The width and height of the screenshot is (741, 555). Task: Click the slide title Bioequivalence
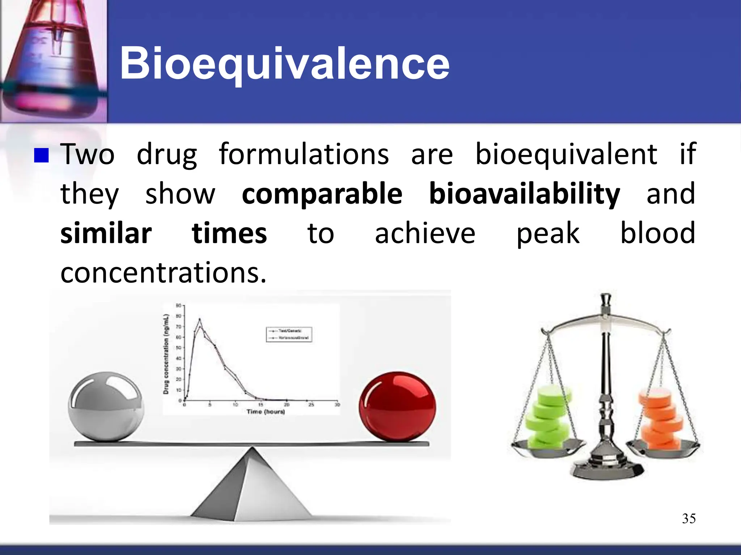click(284, 64)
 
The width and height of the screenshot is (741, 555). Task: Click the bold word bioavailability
click(524, 194)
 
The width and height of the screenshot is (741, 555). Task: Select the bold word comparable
click(322, 194)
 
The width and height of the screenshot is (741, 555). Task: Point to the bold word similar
click(106, 233)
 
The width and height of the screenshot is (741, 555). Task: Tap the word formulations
click(304, 154)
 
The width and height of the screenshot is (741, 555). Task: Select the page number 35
click(689, 519)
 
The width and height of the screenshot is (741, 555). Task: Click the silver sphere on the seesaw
click(106, 407)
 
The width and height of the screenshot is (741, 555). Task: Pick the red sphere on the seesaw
click(397, 407)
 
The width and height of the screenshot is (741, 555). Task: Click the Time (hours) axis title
click(266, 412)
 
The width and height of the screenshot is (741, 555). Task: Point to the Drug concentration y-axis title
click(166, 354)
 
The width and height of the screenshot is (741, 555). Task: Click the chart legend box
click(289, 334)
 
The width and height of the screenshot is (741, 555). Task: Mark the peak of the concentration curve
click(199, 319)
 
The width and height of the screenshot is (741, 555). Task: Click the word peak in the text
click(547, 233)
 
